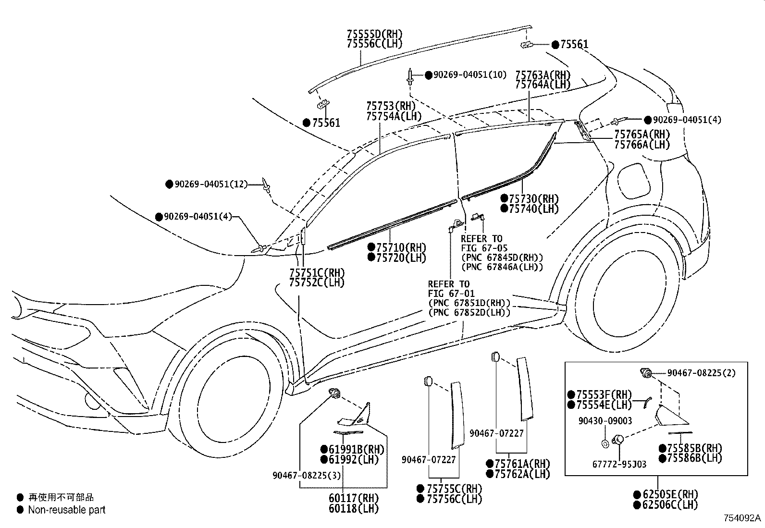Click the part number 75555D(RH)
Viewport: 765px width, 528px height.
[375, 34]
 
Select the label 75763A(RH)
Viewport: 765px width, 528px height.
[543, 75]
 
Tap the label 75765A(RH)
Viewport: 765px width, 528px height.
[642, 134]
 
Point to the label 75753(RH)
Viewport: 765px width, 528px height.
[391, 106]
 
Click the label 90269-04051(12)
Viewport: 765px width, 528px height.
[211, 184]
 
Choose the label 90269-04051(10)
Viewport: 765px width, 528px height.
[470, 75]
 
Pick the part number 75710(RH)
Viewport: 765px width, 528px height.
[401, 247]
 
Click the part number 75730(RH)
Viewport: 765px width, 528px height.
[534, 198]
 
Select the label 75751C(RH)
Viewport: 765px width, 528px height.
[317, 272]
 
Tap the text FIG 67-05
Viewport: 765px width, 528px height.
[484, 248]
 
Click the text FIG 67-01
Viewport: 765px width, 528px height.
[451, 294]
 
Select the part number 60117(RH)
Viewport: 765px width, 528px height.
[354, 498]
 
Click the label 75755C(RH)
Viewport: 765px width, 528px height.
[454, 489]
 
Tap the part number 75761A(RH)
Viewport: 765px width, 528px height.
[522, 464]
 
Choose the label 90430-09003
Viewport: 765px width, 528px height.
[605, 421]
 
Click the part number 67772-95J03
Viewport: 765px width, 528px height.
[619, 464]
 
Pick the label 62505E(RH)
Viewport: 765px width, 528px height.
[670, 494]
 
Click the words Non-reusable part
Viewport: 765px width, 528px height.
[67, 510]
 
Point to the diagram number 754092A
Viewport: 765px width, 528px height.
[742, 518]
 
